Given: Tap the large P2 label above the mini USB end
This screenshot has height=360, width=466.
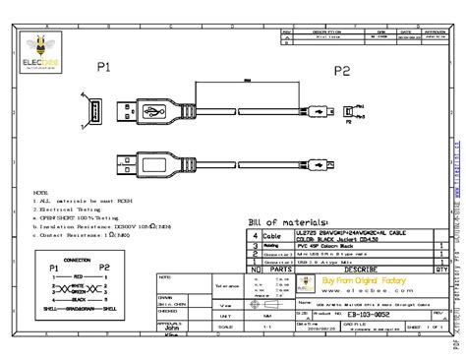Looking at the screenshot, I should click(341, 71).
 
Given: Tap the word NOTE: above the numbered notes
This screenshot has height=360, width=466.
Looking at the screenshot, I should click(40, 193).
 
